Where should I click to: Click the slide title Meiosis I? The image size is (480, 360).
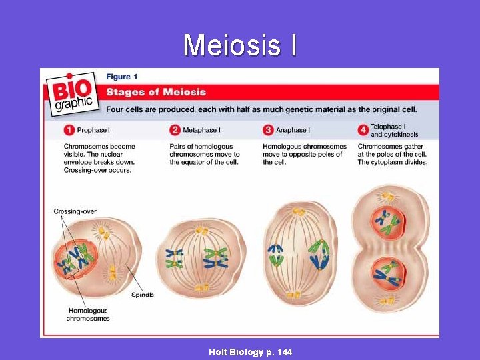[x=240, y=45]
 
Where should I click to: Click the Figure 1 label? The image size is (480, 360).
[x=122, y=77]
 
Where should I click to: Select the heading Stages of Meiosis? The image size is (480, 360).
[x=156, y=92]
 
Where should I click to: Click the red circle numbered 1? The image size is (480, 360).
[x=69, y=130]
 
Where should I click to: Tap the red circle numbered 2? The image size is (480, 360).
[x=175, y=130]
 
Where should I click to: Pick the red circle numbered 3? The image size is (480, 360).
[x=268, y=130]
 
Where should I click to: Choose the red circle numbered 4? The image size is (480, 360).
[x=363, y=130]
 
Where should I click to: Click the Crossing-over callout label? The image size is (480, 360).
[x=75, y=212]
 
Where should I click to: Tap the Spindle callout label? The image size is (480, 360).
[x=142, y=294]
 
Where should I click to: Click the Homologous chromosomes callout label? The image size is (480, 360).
[x=87, y=315]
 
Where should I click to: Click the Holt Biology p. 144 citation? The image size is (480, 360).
[x=250, y=352]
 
